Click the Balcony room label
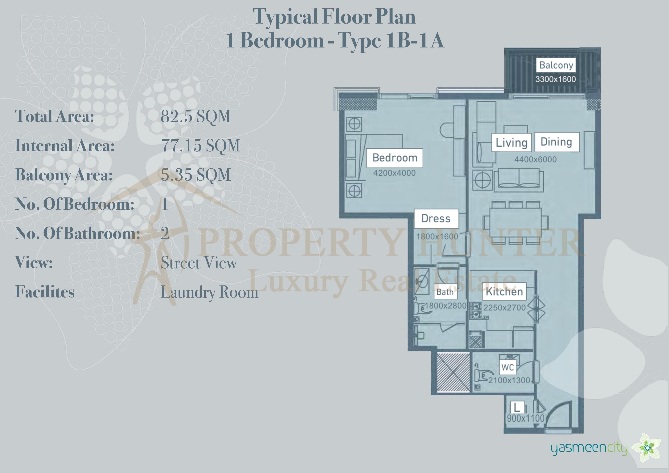pos(556,65)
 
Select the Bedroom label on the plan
pos(395,158)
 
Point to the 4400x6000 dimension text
pos(535,159)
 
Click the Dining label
pos(556,142)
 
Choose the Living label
pos(512,142)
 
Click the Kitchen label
pos(504,291)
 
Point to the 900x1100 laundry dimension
pos(526,418)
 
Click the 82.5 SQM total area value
pos(195,116)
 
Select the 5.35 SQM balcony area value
pos(195,175)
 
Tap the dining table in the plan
pos(515,222)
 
